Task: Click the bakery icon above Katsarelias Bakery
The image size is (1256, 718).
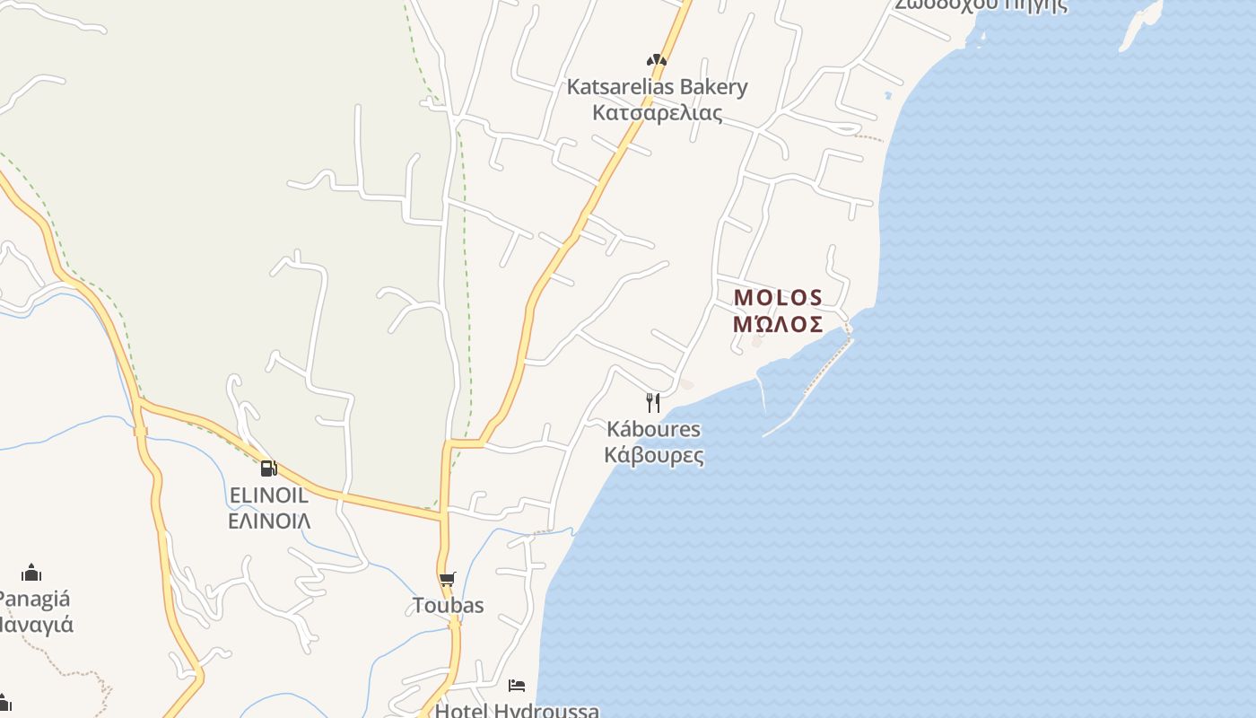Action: (x=657, y=61)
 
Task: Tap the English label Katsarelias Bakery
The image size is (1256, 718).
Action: (x=657, y=87)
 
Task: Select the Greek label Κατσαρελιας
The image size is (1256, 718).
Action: (x=657, y=113)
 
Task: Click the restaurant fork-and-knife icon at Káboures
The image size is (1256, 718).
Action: (x=653, y=402)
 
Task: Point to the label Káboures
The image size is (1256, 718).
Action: (x=653, y=429)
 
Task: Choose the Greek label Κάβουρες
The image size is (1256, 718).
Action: (x=653, y=455)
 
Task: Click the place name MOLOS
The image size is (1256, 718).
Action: (x=778, y=297)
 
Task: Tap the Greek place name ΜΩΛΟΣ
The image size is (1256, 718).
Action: (x=778, y=324)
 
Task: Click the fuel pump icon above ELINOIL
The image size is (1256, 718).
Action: (x=268, y=468)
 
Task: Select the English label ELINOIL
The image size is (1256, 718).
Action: (x=268, y=495)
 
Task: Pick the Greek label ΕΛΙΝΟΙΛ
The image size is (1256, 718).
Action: (x=268, y=521)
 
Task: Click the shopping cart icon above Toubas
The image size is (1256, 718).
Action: (x=447, y=580)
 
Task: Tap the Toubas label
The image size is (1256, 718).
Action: (x=448, y=606)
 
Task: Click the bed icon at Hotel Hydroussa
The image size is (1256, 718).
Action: (x=517, y=686)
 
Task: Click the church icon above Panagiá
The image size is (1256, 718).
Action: (x=31, y=573)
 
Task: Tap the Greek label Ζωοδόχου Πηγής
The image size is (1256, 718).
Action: (x=981, y=4)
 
